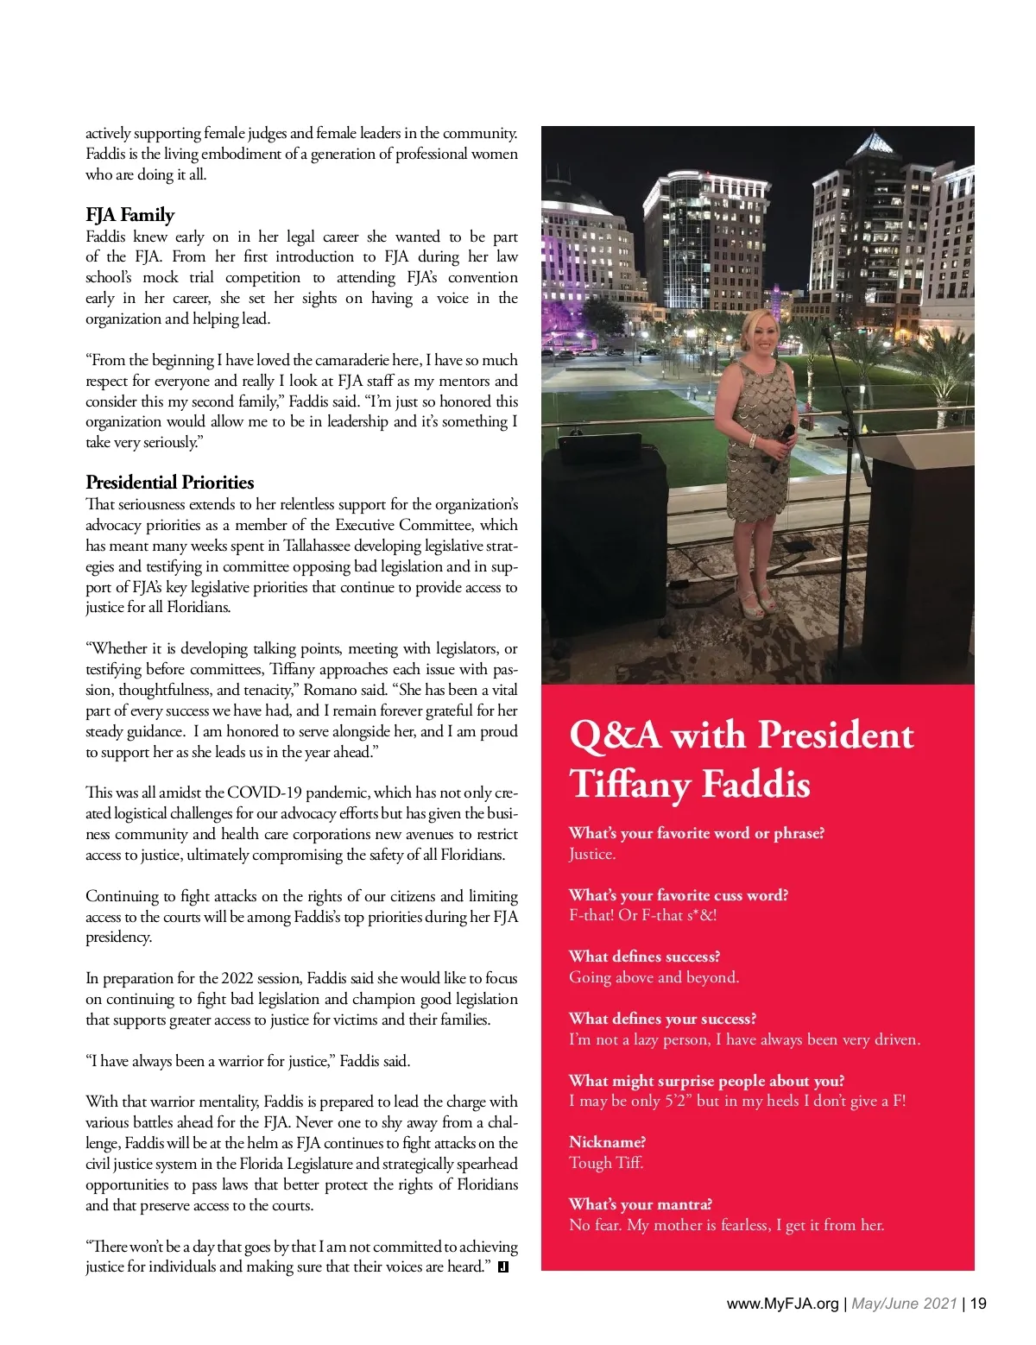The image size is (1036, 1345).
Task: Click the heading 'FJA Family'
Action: tap(129, 215)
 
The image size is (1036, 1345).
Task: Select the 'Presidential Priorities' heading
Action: tap(169, 483)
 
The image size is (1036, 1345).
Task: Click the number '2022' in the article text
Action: tap(237, 978)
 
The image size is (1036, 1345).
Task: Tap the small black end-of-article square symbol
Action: tap(503, 1267)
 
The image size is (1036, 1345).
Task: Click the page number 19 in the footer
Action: tap(978, 1304)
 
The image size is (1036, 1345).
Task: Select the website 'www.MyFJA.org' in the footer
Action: tap(783, 1304)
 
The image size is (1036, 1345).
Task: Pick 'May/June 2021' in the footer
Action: tap(904, 1304)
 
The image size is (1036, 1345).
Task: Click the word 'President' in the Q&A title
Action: tap(834, 735)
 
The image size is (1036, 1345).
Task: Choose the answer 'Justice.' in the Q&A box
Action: tap(592, 854)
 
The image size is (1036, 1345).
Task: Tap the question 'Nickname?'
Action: tap(607, 1142)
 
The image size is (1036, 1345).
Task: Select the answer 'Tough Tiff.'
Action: tap(606, 1163)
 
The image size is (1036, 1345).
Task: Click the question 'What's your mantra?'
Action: tap(640, 1204)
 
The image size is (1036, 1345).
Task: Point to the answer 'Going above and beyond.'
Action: tap(654, 977)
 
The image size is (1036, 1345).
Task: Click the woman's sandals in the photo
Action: tap(757, 603)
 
